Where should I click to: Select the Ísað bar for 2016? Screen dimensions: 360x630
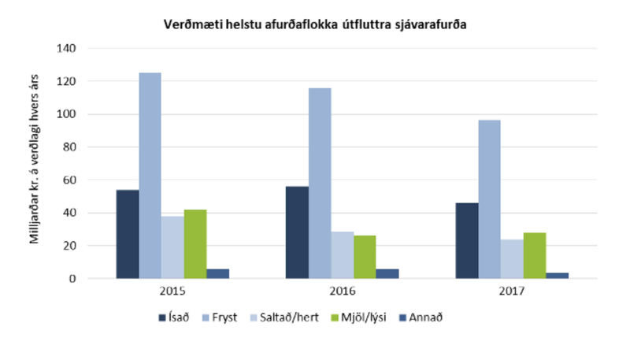(297, 232)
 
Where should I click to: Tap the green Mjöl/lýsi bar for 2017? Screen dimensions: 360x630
(534, 255)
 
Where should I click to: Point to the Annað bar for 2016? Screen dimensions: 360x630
(387, 273)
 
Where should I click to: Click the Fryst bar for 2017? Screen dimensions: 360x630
(489, 199)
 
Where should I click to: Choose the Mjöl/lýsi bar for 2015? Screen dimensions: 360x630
(195, 243)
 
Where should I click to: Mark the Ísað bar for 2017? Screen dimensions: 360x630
(466, 240)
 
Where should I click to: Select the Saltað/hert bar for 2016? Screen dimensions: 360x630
(343, 254)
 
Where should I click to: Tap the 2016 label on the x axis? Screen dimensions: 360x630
(341, 291)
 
